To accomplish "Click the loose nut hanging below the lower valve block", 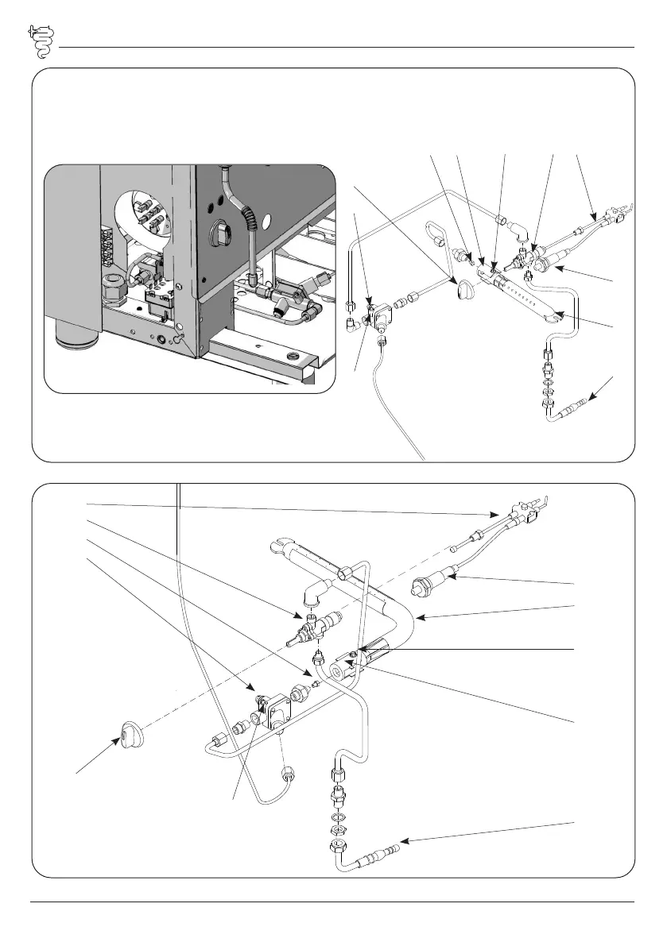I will tap(289, 774).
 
